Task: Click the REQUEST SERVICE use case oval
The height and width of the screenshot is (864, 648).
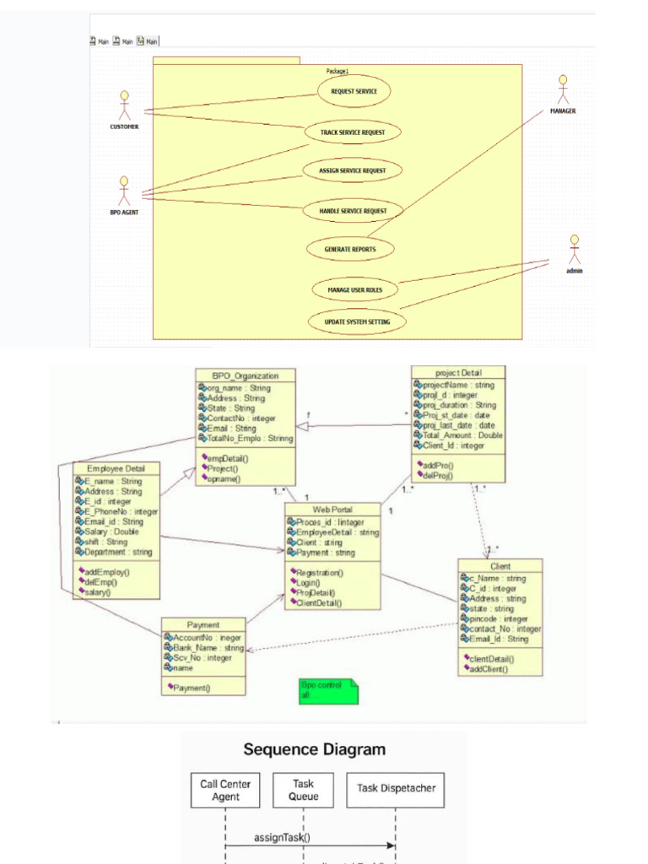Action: (x=354, y=91)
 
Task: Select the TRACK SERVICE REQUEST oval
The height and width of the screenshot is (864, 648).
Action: (x=353, y=132)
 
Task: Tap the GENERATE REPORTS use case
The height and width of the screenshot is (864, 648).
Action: (x=350, y=249)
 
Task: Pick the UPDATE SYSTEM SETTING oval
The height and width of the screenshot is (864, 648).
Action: (x=356, y=321)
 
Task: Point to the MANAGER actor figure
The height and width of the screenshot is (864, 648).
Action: (x=563, y=90)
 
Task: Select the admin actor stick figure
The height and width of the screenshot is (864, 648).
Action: (x=575, y=250)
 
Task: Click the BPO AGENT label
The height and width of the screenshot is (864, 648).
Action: (x=124, y=213)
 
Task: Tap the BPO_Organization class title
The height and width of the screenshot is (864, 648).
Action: (x=246, y=375)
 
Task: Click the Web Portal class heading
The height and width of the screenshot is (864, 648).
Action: (x=332, y=510)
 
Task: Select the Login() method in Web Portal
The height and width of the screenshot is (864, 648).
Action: (x=306, y=582)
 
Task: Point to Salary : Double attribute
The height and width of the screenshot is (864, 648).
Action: (x=111, y=532)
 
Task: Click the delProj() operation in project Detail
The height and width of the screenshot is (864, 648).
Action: (x=436, y=476)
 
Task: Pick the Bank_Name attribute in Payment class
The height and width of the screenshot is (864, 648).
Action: (x=205, y=648)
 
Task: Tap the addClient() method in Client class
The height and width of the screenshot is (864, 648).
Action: (x=490, y=668)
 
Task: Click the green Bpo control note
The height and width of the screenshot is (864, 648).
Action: (x=328, y=691)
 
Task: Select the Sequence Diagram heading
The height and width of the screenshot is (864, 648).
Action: (x=315, y=749)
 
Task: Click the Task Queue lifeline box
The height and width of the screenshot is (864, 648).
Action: (x=303, y=790)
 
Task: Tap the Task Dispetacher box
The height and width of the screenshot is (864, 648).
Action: (x=396, y=788)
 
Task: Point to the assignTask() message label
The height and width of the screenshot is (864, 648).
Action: (x=282, y=838)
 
